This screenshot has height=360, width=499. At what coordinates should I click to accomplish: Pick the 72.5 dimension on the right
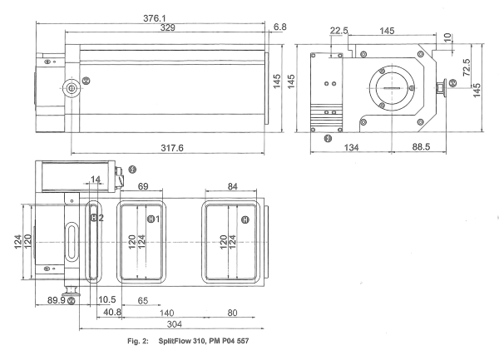pyautogui.click(x=467, y=63)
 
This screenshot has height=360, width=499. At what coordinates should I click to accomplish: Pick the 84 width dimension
pyautogui.click(x=232, y=185)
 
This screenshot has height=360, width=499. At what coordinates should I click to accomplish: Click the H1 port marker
pyautogui.click(x=153, y=219)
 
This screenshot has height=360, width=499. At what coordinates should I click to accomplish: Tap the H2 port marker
pyautogui.click(x=97, y=218)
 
